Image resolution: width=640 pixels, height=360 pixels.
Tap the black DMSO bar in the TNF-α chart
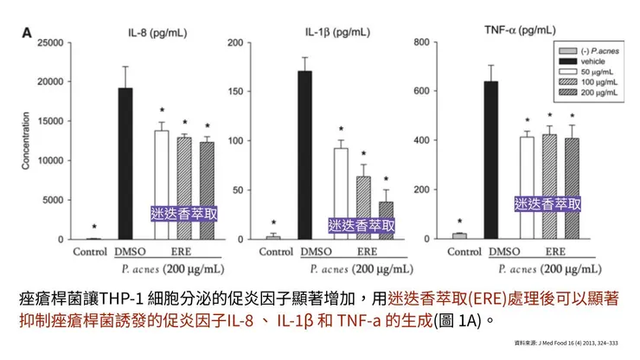click(x=490, y=159)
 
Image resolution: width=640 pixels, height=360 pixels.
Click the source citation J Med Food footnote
click(x=566, y=344)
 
